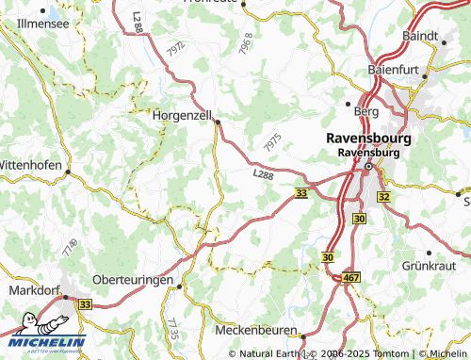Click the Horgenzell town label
pos(183,118)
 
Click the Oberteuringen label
pos(135,282)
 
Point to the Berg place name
pos(365,111)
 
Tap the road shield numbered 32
pos(383,196)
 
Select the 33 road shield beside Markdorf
pos(85,304)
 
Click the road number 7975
pos(273,142)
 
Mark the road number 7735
pos(171,329)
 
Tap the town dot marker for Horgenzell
pos(218,121)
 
